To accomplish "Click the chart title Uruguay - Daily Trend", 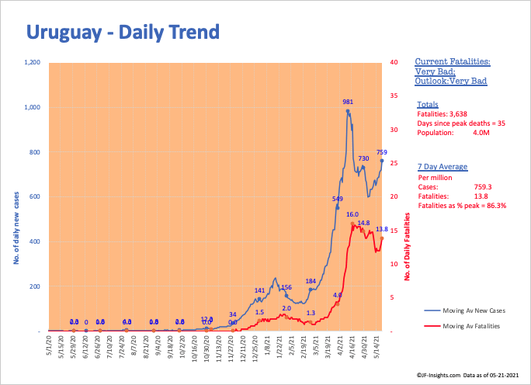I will (123, 32).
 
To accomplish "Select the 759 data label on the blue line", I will (381, 152).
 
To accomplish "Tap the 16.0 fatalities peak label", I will (352, 213).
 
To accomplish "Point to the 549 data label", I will (338, 199).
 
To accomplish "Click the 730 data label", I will (363, 158).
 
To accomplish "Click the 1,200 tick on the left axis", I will (32, 62).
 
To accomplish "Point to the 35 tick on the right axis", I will (395, 95).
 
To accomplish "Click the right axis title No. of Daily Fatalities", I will (407, 248).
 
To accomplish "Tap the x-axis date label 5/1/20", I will (49, 345).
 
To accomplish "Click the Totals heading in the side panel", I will (428, 104).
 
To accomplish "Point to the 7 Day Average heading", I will (440, 167).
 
